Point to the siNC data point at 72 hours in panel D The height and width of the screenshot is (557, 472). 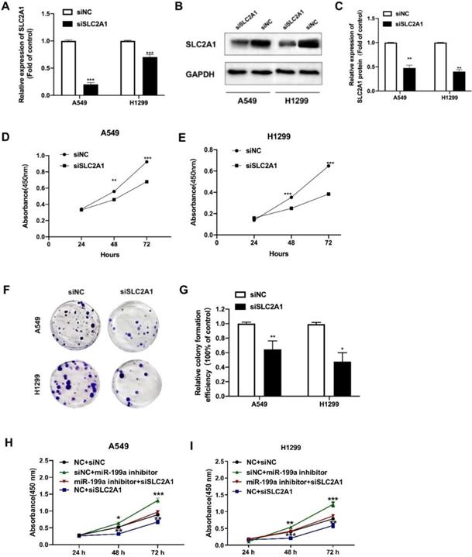click(146, 161)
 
